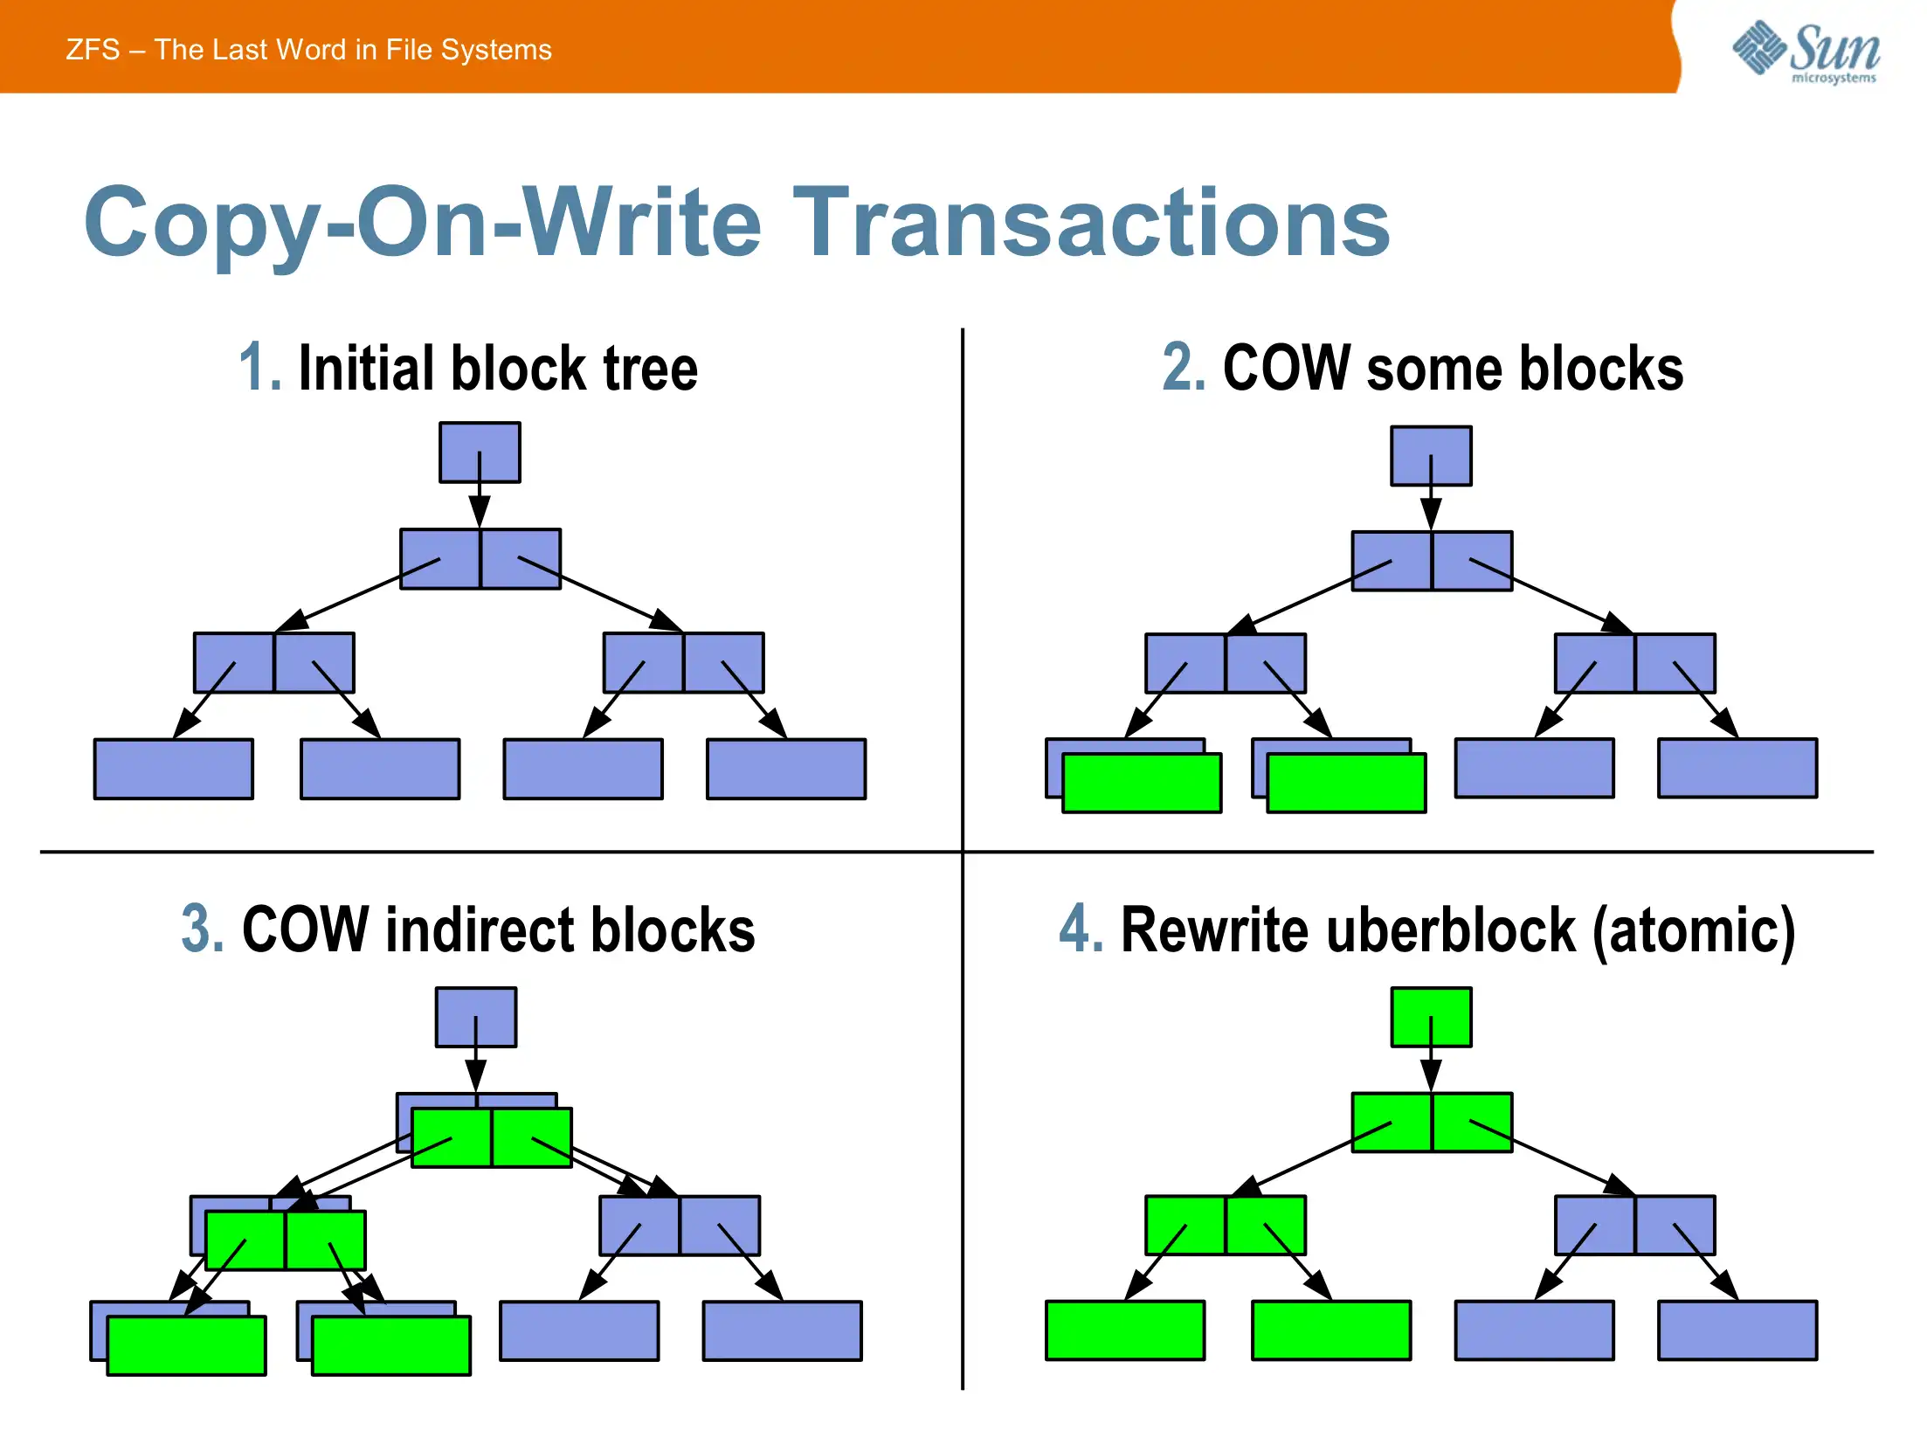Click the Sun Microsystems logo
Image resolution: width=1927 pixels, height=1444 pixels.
1807,51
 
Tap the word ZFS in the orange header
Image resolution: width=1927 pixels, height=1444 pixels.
93,50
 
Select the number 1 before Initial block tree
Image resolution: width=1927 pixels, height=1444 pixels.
259,368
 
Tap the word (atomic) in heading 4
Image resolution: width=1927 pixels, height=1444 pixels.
1694,931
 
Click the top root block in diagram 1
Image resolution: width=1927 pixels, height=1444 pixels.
480,452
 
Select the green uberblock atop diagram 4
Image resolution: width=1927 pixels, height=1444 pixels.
1431,1016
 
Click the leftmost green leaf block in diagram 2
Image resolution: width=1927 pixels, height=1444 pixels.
1141,783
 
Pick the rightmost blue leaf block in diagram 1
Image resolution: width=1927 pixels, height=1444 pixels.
786,769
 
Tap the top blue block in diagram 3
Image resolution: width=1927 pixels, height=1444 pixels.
476,1017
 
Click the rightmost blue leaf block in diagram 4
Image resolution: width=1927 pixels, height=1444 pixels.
1737,1330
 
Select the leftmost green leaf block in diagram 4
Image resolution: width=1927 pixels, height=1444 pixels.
1125,1330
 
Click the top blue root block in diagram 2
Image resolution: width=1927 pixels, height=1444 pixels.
1431,455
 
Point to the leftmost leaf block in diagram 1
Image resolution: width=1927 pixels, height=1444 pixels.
174,769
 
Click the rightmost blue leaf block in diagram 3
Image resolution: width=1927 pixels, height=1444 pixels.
783,1330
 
